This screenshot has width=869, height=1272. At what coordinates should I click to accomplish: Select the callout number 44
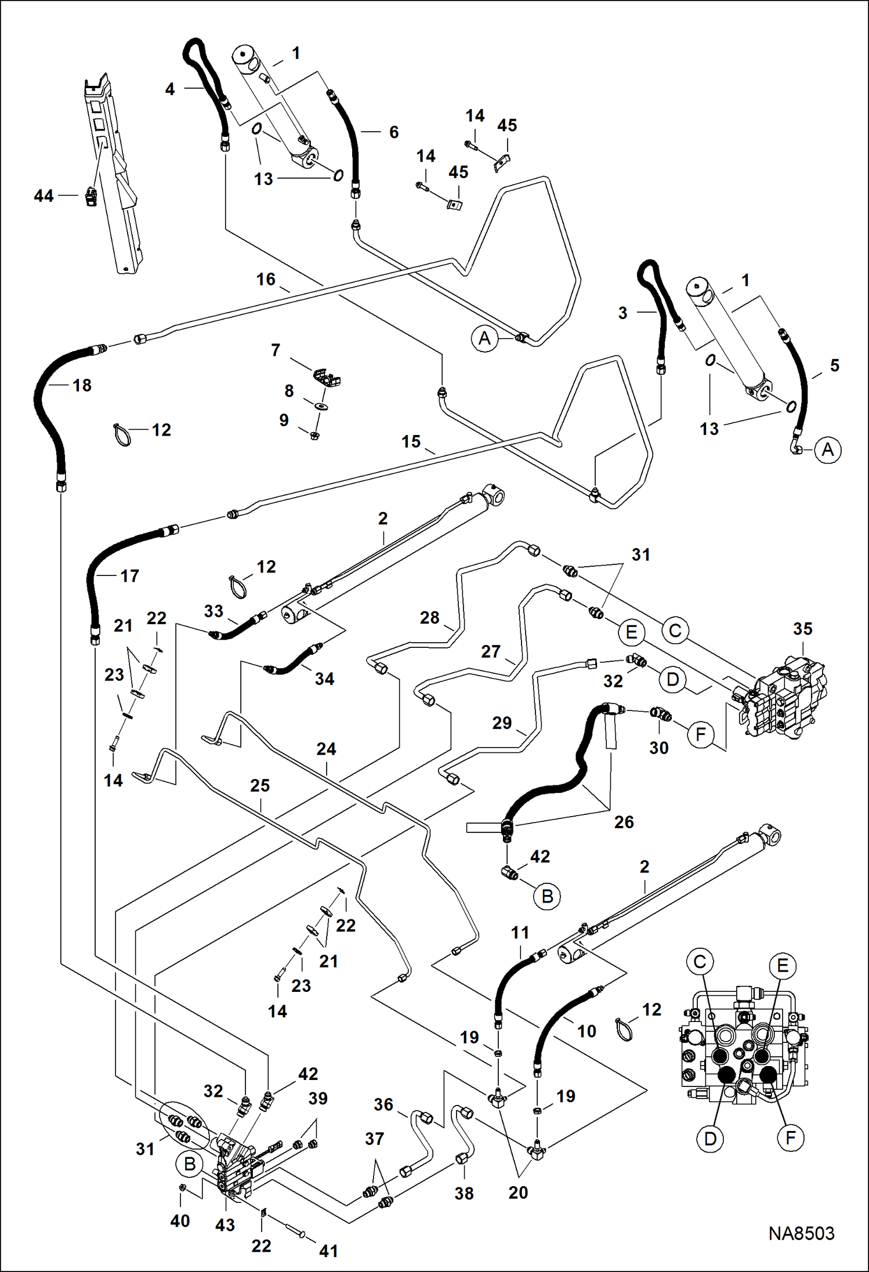tap(44, 196)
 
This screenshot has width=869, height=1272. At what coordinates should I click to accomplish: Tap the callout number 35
tap(803, 629)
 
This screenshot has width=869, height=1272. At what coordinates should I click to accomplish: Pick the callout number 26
tap(624, 822)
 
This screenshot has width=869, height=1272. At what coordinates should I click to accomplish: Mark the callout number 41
tap(328, 1251)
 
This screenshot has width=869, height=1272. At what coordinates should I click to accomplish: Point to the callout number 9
tap(284, 420)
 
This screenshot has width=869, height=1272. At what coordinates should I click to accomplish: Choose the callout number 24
tap(326, 749)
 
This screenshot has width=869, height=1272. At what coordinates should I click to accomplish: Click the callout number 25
tap(260, 785)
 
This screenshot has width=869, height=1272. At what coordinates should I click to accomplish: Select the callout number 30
tap(658, 748)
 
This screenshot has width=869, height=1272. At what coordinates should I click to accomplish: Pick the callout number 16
tap(266, 280)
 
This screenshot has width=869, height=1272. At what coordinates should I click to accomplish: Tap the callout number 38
tap(464, 1193)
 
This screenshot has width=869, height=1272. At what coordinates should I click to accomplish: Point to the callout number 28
tap(429, 618)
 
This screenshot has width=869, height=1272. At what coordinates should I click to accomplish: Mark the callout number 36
tap(383, 1104)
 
